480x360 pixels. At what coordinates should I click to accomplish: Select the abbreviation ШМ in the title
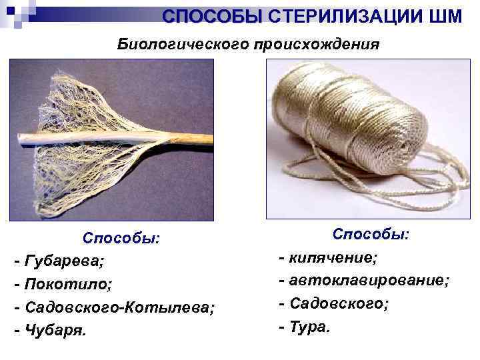click(x=446, y=16)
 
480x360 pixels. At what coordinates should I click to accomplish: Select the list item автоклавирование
click(x=369, y=280)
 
